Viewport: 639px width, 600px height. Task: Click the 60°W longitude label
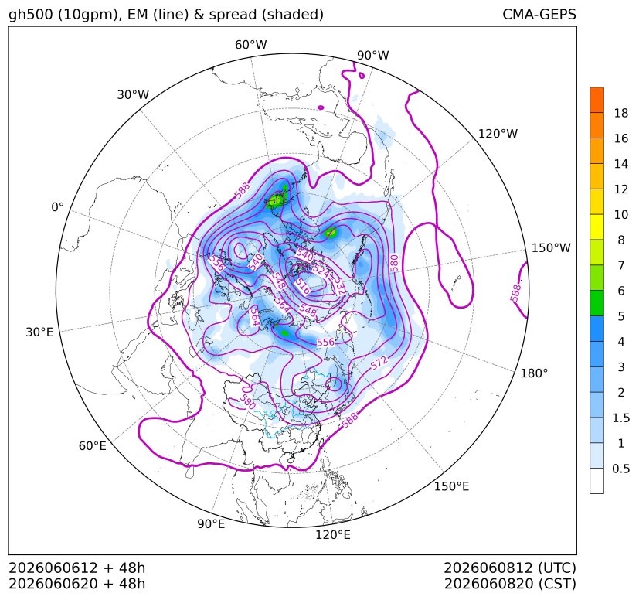250,45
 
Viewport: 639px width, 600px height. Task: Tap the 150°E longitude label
451,486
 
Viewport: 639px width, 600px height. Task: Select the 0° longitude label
57,207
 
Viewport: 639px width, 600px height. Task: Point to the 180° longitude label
534,373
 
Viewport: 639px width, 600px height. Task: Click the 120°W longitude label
498,134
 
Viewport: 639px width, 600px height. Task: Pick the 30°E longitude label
39,332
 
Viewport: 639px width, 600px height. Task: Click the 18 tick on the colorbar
621,113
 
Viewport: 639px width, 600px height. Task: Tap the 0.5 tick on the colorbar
620,469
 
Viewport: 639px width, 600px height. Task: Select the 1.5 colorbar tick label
620,418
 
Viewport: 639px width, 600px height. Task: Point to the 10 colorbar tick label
621,214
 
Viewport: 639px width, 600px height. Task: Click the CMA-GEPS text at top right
539,14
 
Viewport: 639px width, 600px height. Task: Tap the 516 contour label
303,287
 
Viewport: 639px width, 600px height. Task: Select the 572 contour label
379,363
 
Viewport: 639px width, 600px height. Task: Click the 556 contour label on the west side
216,263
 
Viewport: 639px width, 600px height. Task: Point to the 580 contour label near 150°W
393,264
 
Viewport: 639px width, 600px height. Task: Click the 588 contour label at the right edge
516,293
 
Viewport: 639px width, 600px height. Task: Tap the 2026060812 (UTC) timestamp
510,568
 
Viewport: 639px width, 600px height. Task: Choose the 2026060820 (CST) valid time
510,584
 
